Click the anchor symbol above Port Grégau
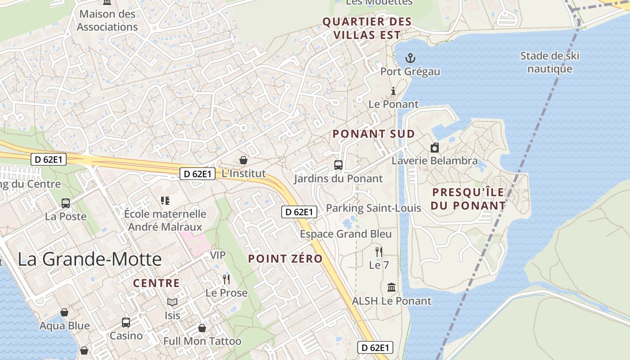[409, 58]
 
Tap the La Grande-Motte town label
[90, 259]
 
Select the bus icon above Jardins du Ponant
[338, 165]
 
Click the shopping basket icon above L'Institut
[243, 160]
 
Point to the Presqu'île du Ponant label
[468, 199]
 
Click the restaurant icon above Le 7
[379, 252]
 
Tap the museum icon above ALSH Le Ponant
[391, 287]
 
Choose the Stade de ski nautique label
[550, 62]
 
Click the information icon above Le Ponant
[393, 91]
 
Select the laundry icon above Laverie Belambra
[435, 148]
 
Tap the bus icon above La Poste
[66, 203]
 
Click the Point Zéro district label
[285, 259]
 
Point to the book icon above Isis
[172, 302]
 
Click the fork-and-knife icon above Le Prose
[226, 279]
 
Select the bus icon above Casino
[126, 322]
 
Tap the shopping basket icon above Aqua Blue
[64, 312]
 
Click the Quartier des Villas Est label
[367, 28]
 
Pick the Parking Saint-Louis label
[373, 208]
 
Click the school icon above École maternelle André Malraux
[165, 200]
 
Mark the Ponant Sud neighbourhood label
[373, 134]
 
